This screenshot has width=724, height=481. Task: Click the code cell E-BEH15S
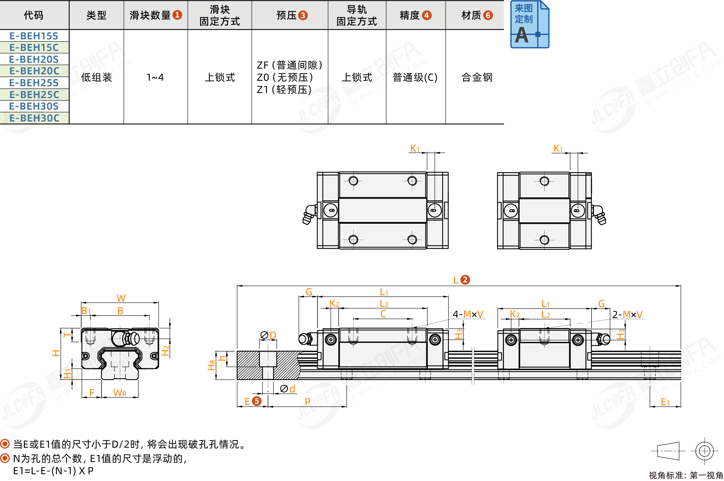click(x=34, y=36)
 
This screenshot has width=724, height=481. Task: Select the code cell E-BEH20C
click(x=34, y=71)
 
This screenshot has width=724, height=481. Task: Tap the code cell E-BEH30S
click(x=34, y=106)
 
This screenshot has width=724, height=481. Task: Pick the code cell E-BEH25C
click(x=34, y=95)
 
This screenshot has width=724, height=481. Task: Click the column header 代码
click(x=34, y=15)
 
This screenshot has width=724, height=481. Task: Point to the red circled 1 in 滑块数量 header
click(x=177, y=15)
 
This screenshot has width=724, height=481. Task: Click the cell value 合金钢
click(x=477, y=77)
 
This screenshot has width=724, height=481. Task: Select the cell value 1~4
click(x=155, y=77)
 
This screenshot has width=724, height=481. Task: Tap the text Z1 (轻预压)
click(x=284, y=90)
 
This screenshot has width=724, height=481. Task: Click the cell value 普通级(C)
click(x=415, y=77)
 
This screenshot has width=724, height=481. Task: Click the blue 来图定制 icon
click(x=529, y=24)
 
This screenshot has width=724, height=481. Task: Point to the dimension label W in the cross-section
click(x=121, y=298)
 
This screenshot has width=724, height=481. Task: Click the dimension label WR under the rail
click(x=120, y=393)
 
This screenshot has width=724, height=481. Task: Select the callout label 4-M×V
click(x=468, y=314)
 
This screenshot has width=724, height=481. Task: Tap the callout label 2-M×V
click(x=627, y=315)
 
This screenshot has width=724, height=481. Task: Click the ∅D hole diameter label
click(x=268, y=335)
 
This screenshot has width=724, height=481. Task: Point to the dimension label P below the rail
click(x=308, y=402)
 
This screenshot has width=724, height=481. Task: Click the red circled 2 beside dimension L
click(x=465, y=280)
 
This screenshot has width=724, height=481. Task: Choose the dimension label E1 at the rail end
click(x=665, y=402)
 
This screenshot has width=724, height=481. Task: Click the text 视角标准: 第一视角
click(x=686, y=475)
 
